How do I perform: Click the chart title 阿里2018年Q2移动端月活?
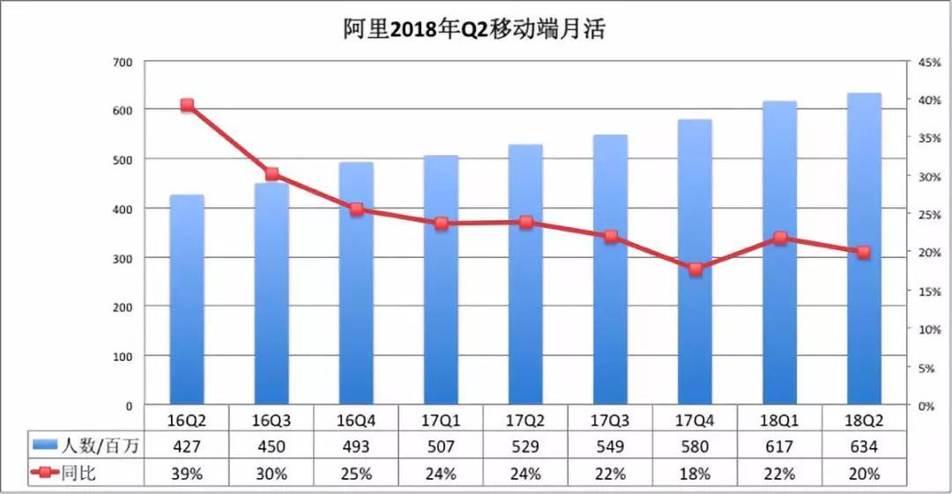(x=474, y=29)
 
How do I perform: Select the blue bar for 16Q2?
(x=187, y=299)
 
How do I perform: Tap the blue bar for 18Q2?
(x=864, y=249)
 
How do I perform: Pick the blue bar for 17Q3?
(x=610, y=270)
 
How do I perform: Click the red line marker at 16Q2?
(x=187, y=105)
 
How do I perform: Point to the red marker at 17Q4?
(x=695, y=269)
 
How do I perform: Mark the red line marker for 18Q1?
(x=780, y=238)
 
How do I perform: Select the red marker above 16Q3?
(x=272, y=174)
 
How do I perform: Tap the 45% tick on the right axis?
(x=929, y=62)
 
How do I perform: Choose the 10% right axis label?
(x=929, y=329)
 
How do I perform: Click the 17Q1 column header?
(x=441, y=420)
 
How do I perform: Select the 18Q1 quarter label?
(x=779, y=420)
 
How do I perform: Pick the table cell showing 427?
(x=186, y=446)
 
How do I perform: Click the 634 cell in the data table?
(x=864, y=446)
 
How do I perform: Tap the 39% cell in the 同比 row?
(x=186, y=474)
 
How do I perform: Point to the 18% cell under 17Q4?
(x=695, y=474)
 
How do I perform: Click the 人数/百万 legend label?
(x=100, y=446)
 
